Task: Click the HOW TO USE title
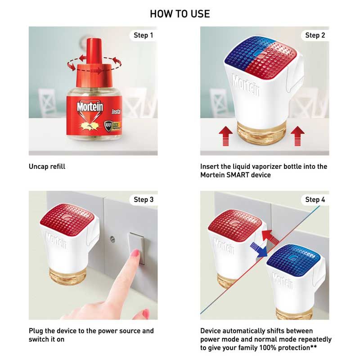coord(180,14)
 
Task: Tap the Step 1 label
coord(144,35)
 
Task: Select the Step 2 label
coord(315,35)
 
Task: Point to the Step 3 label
coord(144,199)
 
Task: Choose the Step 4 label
coord(315,199)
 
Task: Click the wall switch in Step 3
coord(136,247)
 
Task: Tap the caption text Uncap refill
coord(47,166)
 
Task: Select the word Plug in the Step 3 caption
coord(36,331)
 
